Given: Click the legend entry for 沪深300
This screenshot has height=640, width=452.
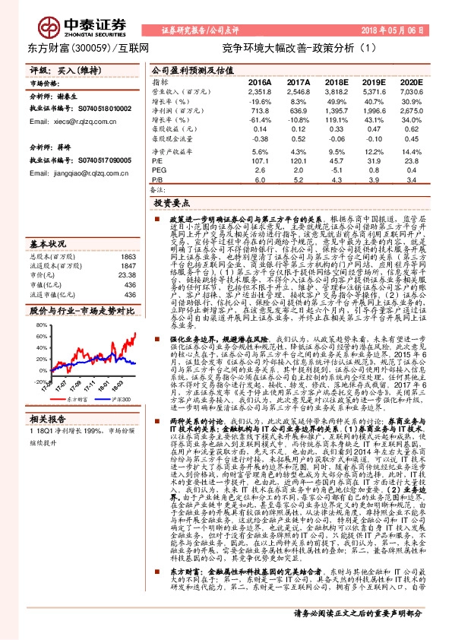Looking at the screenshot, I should point(116,398).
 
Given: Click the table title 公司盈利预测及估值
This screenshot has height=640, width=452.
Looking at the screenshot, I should point(187,68).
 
